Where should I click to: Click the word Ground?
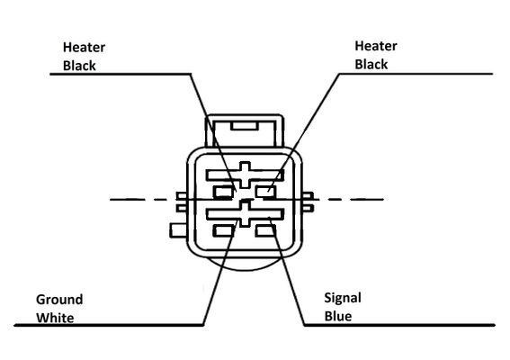tap(59, 300)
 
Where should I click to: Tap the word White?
tap(55, 318)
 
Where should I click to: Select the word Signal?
tap(343, 299)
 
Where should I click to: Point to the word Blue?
tap(338, 316)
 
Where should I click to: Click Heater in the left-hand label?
tap(84, 48)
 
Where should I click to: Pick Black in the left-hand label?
tap(79, 66)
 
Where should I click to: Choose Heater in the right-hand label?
tap(376, 46)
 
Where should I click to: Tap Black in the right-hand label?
tap(371, 64)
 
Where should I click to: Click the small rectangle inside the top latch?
tap(245, 126)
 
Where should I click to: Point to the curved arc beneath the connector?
tap(245, 269)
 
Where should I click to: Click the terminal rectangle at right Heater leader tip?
tap(265, 192)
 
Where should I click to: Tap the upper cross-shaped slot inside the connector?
tap(245, 175)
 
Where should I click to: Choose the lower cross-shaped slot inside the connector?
tap(245, 214)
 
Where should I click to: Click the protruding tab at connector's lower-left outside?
tap(178, 230)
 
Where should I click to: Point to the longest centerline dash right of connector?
tap(367, 199)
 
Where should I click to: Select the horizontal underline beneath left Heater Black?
tap(120, 74)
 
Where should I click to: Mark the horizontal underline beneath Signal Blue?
tap(399, 325)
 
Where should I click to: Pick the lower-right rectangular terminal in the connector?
tap(265, 230)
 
